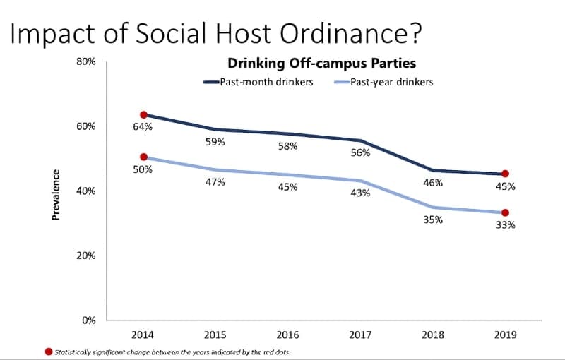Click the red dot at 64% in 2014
coord(143,114)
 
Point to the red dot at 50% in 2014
coord(143,157)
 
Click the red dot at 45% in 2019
coord(505,174)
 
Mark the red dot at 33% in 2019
coord(505,212)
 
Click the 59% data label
coord(215,142)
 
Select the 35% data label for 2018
coord(433,220)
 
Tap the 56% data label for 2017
coord(360,153)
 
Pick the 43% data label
coord(360,193)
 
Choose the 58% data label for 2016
coord(288,147)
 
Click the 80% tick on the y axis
coord(86,62)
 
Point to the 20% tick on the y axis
coord(86,256)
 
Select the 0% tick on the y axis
coord(88,320)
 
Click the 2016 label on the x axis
coord(288,335)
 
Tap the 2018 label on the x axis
coord(432,335)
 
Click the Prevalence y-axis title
coord(56,194)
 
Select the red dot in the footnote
coord(47,351)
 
